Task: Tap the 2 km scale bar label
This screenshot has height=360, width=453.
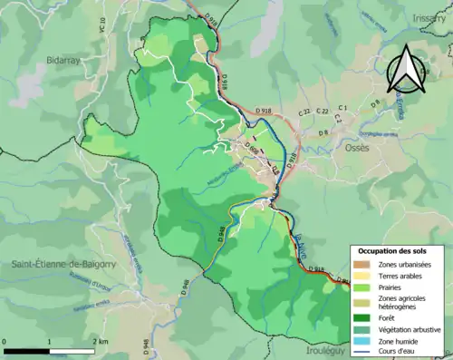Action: point(101,341)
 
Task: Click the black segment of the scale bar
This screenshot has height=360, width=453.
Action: point(27,350)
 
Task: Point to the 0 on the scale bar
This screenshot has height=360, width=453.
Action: point(5,341)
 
